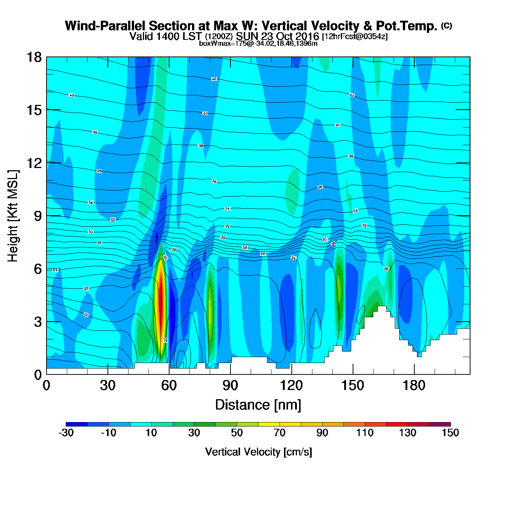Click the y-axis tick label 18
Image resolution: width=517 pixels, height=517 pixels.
34,57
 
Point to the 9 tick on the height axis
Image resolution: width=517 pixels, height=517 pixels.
38,216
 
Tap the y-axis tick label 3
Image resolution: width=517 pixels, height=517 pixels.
38,322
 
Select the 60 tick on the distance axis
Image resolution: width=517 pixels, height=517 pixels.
169,386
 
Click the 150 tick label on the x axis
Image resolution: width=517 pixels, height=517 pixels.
353,386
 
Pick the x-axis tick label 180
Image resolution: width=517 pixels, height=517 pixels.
414,386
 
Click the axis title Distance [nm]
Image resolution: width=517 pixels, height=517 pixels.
258,405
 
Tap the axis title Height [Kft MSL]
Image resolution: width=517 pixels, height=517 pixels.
13,216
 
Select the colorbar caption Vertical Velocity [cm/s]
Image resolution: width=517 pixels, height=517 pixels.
258,452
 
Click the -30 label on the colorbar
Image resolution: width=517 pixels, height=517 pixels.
66,433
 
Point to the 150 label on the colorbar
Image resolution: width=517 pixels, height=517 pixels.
450,433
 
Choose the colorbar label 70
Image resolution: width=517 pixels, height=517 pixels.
280,433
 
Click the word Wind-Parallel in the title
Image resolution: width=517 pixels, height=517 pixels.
105,26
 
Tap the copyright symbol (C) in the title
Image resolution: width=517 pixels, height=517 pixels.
446,25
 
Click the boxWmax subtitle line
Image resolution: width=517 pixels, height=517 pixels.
258,44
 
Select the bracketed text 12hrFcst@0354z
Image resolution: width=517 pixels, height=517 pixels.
355,37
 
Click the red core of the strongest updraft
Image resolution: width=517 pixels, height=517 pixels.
161,295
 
